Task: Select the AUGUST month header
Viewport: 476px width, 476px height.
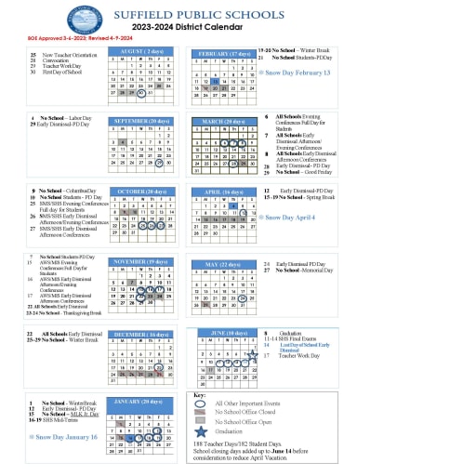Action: (x=141, y=51)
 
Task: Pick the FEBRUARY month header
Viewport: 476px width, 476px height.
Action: (x=224, y=53)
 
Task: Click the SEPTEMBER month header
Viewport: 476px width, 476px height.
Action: (x=141, y=120)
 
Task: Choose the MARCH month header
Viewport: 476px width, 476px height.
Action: (x=223, y=121)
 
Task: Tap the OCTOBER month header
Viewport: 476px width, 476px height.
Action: (x=141, y=192)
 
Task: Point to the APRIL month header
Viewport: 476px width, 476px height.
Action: (x=223, y=192)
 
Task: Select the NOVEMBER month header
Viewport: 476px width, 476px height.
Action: (x=141, y=262)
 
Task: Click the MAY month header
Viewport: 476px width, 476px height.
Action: (x=223, y=263)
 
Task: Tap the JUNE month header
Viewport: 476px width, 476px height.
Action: (x=224, y=332)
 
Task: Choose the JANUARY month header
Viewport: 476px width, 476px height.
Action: (x=141, y=402)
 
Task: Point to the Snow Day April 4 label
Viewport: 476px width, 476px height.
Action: (x=290, y=218)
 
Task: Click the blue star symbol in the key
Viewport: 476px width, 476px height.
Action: (x=201, y=431)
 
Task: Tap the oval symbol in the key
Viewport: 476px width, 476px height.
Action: (x=201, y=403)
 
